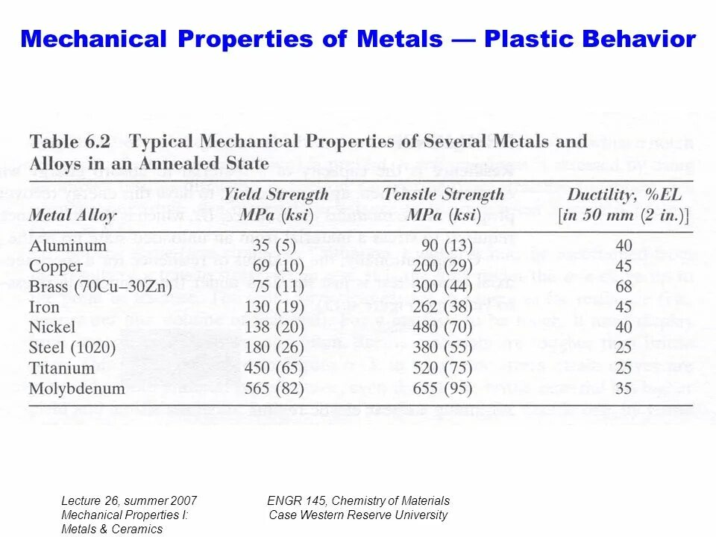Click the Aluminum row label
pos(68,245)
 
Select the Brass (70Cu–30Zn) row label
pos(101,286)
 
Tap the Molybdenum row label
pos(77,388)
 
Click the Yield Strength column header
pos(276,195)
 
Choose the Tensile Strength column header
pos(443,195)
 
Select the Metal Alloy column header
pos(72,216)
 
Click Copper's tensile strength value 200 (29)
pos(444,266)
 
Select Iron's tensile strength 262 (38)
pos(444,307)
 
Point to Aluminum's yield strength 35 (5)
pos(274,245)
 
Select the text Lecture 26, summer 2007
pos(128,500)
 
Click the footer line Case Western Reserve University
pos(358,515)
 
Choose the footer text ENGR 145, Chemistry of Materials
pos(358,500)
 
